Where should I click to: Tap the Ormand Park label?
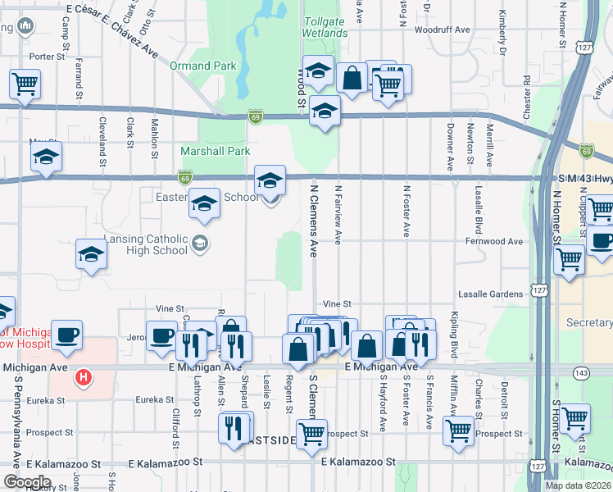click(x=202, y=66)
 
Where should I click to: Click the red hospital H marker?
click(x=82, y=378)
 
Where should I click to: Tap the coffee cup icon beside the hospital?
click(x=66, y=335)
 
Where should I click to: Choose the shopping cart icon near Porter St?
click(x=25, y=84)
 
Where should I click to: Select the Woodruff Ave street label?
click(x=442, y=30)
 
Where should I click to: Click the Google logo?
click(x=27, y=482)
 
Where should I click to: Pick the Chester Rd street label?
click(x=525, y=97)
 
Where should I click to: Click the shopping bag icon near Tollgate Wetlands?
click(x=352, y=80)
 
